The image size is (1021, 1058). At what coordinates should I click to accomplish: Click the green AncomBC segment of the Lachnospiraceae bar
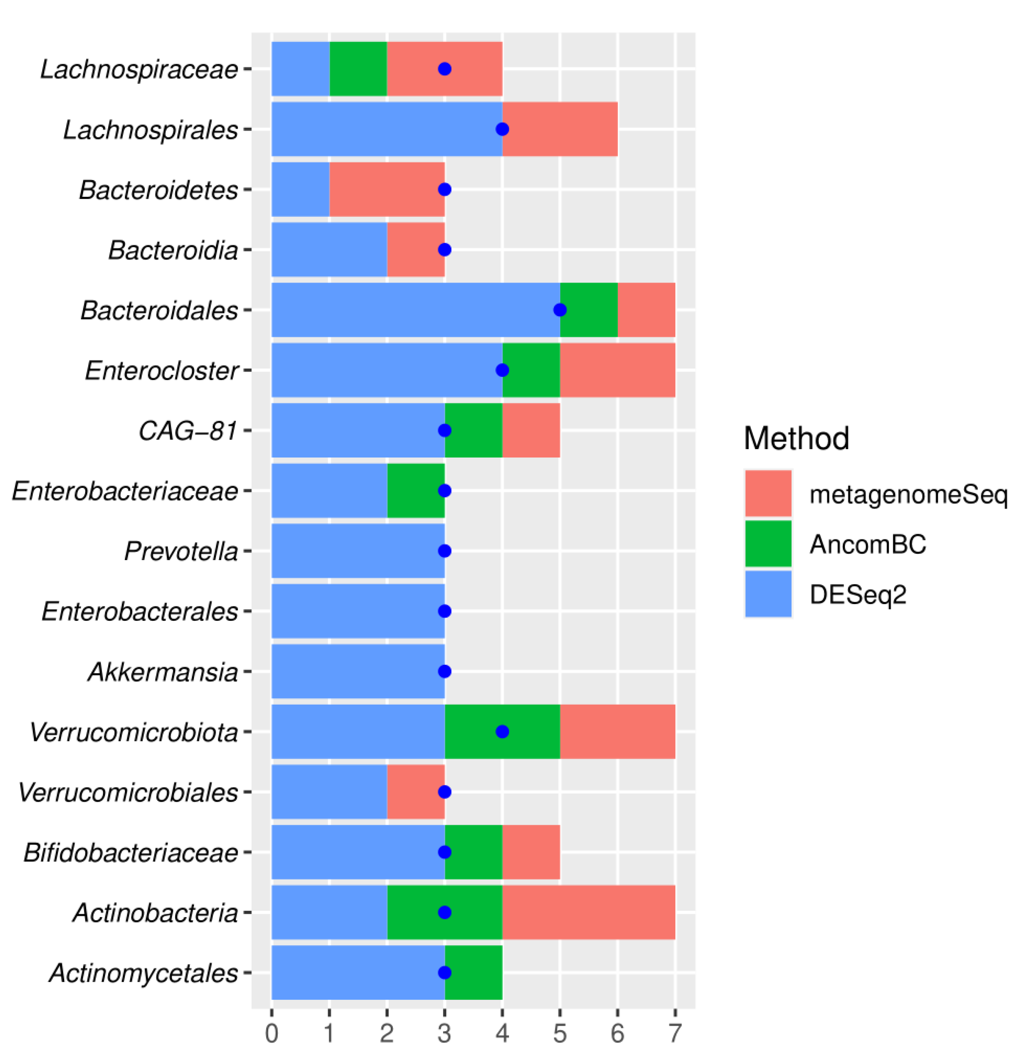pos(358,69)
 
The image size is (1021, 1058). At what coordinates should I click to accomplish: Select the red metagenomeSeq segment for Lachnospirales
pos(560,129)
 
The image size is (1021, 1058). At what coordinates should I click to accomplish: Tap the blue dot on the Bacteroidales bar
pos(560,310)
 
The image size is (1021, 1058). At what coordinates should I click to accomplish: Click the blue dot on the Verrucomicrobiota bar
pos(502,731)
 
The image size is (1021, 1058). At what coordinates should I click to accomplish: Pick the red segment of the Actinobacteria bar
pos(588,912)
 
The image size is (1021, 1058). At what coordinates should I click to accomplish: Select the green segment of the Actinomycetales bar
pos(473,972)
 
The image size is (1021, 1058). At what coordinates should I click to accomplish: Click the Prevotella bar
pos(358,551)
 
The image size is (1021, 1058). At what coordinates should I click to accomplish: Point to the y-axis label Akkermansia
pos(163,672)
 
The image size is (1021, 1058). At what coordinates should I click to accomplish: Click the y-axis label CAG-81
pos(188,431)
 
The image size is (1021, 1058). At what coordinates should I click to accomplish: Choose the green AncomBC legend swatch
pos(768,544)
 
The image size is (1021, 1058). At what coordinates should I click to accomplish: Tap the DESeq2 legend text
pos(857,594)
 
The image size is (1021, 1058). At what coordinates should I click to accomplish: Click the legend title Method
pos(796,438)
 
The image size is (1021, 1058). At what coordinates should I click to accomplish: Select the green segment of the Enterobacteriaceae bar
pos(416,491)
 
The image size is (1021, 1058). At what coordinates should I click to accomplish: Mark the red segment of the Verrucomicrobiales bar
pos(416,792)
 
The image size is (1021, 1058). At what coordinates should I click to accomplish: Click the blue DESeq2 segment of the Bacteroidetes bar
pos(301,190)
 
